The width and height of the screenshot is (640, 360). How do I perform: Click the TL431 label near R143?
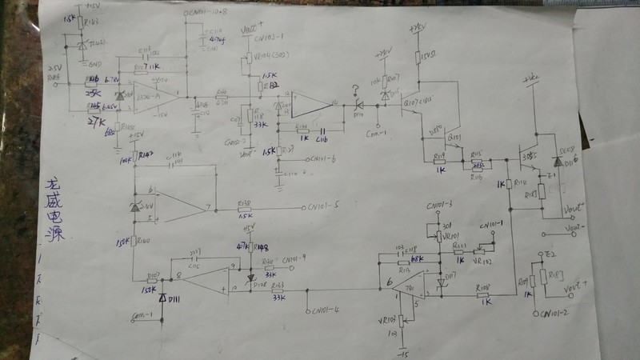tap(95, 42)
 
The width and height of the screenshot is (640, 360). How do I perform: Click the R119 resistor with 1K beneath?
tap(438, 158)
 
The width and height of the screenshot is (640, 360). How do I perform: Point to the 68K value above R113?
tap(416, 258)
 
